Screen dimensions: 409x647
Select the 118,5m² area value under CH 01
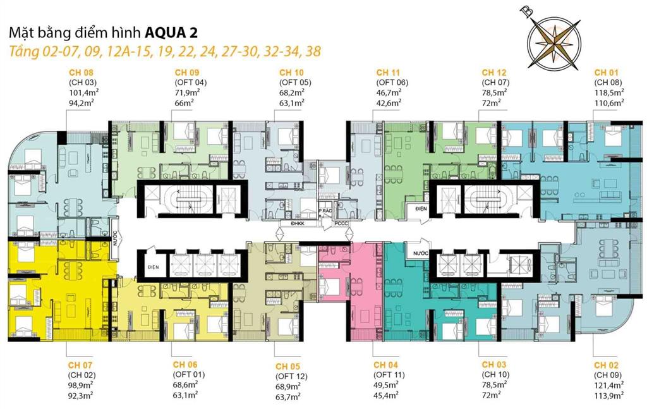[x=609, y=92]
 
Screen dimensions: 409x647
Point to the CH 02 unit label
[x=607, y=365]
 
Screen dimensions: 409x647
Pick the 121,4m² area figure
[x=608, y=385]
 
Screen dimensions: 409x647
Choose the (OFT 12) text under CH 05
[x=291, y=375]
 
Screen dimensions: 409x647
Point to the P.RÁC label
[x=325, y=211]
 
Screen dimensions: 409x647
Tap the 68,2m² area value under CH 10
[x=292, y=92]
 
